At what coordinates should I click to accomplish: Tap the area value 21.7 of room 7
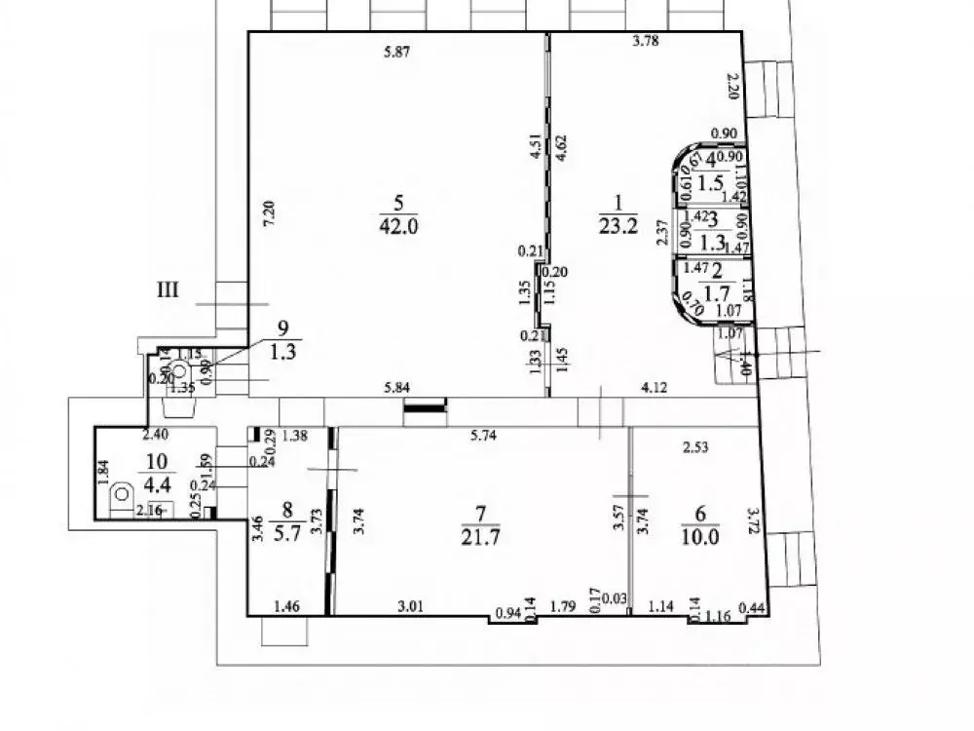482,537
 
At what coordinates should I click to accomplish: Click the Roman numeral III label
169,288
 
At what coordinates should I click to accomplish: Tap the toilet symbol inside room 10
122,493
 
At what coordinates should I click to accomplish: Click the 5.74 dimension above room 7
484,437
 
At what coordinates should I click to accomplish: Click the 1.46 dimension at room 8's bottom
286,607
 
